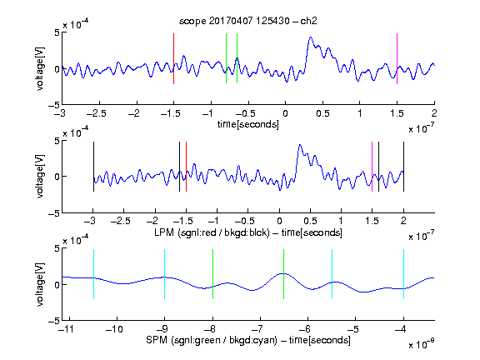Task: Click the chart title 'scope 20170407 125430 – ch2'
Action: point(248,21)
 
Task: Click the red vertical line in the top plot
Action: point(173,58)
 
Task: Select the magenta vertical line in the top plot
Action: point(397,58)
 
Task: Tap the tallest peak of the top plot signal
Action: point(311,37)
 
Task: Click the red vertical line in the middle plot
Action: point(186,167)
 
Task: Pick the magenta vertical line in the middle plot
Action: point(372,167)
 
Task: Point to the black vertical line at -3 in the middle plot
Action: point(93,167)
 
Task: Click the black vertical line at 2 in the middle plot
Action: point(403,167)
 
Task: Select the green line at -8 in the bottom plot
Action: point(212,274)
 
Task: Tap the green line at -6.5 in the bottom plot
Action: point(284,274)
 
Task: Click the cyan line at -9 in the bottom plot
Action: point(165,274)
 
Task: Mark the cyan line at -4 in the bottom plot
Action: point(404,274)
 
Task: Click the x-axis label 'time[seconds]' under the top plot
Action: point(248,124)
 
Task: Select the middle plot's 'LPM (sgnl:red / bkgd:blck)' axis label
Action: point(212,232)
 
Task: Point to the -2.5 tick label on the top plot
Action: point(97,113)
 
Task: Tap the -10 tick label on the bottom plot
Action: point(114,329)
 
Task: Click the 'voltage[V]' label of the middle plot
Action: point(40,177)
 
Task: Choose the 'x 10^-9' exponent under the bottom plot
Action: point(422,344)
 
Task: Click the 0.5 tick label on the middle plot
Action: point(310,221)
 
